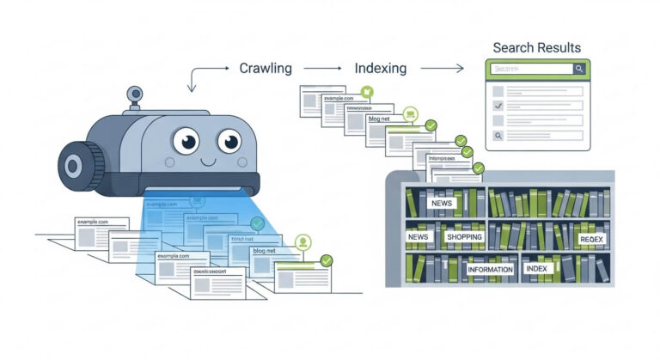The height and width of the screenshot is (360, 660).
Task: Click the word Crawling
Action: (265, 68)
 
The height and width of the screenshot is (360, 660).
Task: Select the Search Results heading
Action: (536, 47)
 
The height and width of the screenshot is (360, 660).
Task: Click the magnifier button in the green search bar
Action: (579, 69)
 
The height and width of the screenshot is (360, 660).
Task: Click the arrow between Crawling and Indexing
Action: (324, 68)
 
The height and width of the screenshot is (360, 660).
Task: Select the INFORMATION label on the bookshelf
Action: (490, 269)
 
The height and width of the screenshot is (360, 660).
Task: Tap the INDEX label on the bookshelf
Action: (536, 269)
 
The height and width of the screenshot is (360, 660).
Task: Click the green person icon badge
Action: (302, 242)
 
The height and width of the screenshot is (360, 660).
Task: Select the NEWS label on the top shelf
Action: (442, 203)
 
